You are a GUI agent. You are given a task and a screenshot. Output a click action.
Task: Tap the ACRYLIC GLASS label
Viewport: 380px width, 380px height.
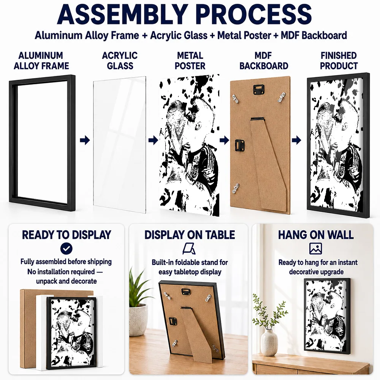120,60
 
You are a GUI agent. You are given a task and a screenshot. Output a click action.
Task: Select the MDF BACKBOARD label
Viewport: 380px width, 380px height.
264,60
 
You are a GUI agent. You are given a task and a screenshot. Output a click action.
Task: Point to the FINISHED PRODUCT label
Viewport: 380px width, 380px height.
339,60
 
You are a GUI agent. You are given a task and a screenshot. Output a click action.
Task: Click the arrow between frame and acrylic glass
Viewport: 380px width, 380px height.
85,140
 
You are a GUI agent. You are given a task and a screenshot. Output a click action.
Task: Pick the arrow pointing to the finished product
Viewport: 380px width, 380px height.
296,140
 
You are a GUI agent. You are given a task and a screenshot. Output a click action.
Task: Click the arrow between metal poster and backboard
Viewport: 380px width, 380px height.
225,140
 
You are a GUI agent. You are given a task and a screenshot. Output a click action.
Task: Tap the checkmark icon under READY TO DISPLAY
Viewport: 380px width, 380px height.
66,249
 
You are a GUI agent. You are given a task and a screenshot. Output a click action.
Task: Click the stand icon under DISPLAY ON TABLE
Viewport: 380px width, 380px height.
189,249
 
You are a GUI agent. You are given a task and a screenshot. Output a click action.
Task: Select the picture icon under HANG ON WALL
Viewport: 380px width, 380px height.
315,249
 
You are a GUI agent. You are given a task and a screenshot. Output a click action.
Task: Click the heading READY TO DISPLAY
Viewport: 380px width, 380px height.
66,235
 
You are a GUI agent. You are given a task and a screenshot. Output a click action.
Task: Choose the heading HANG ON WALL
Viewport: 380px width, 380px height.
316,235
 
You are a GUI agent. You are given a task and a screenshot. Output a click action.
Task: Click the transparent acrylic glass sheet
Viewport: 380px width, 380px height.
119,145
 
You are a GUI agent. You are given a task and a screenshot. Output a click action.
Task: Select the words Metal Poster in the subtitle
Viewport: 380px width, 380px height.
244,35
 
